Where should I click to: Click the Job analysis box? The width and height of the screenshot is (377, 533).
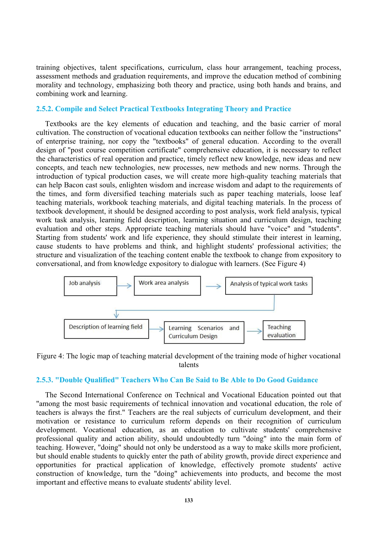coord(90,286)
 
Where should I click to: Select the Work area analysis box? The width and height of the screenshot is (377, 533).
coord(167,286)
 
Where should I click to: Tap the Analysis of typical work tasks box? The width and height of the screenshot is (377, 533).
coord(269,286)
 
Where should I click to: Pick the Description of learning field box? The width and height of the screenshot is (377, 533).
coord(106,329)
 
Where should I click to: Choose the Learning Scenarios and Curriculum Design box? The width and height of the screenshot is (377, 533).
coord(204,332)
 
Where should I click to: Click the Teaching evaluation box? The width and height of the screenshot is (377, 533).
coord(284,330)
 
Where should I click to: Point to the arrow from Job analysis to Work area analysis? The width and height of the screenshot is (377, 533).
coord(124,286)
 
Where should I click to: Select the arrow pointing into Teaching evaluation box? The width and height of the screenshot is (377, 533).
coord(254,331)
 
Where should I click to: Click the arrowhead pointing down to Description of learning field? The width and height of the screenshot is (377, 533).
coord(116,315)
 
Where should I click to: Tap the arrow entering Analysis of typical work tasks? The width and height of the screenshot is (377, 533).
coord(213,286)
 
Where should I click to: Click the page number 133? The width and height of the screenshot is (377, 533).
coord(188,500)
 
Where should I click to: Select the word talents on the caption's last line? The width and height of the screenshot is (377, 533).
coord(188,365)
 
